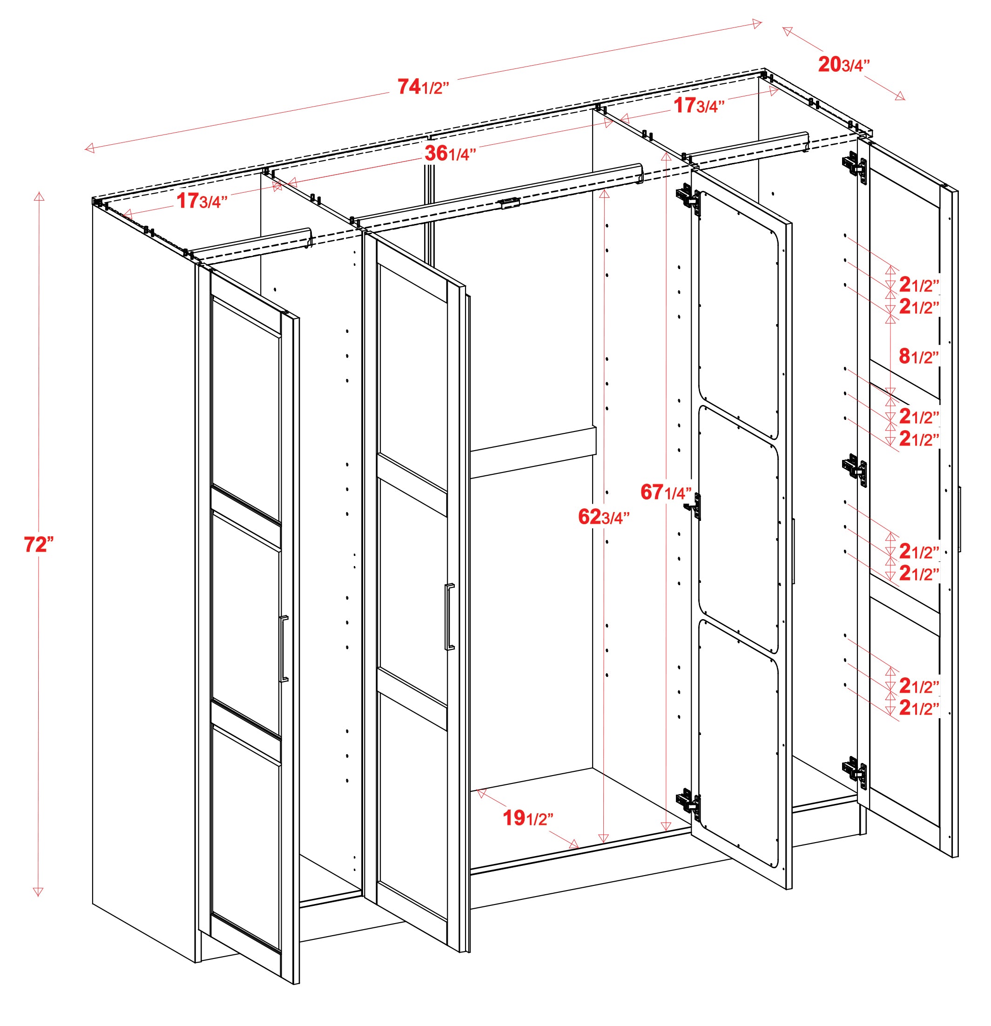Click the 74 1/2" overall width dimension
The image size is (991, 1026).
point(423,87)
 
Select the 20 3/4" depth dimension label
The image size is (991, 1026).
point(844,65)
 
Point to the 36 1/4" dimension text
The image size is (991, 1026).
point(450,153)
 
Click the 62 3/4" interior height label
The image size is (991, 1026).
point(604,517)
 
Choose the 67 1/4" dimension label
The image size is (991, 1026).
point(666,492)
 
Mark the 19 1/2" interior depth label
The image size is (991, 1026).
point(528,818)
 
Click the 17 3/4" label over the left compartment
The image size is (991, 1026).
point(202,201)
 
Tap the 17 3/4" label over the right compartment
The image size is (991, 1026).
point(699,105)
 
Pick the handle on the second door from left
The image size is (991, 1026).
point(449,617)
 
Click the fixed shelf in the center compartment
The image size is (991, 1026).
point(533,452)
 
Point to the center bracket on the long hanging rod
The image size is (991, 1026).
point(508,203)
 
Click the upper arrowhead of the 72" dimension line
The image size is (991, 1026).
point(39,196)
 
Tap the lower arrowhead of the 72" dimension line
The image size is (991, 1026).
point(38,892)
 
